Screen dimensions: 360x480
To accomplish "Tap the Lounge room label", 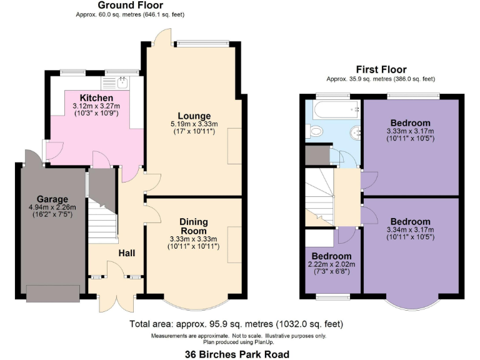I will [194, 116].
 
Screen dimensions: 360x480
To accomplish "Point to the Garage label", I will [52, 199].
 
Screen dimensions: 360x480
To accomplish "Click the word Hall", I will [127, 252].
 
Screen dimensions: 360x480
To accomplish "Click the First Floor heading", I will [381, 69].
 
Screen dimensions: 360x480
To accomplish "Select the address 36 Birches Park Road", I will [237, 354].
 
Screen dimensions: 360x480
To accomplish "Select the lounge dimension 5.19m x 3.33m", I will [194, 124].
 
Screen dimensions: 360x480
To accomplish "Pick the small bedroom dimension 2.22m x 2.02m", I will [332, 264].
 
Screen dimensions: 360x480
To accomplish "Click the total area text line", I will [236, 324].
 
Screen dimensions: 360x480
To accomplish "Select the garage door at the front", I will [52, 292].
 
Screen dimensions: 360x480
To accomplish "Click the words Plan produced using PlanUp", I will [238, 342].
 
